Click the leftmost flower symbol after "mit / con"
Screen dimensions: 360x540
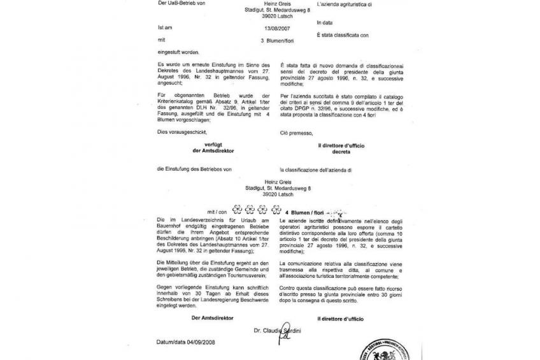click(238, 208)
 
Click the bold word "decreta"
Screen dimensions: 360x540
click(341, 152)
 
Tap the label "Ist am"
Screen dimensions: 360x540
click(164, 27)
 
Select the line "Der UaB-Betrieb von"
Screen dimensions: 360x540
click(180, 4)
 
